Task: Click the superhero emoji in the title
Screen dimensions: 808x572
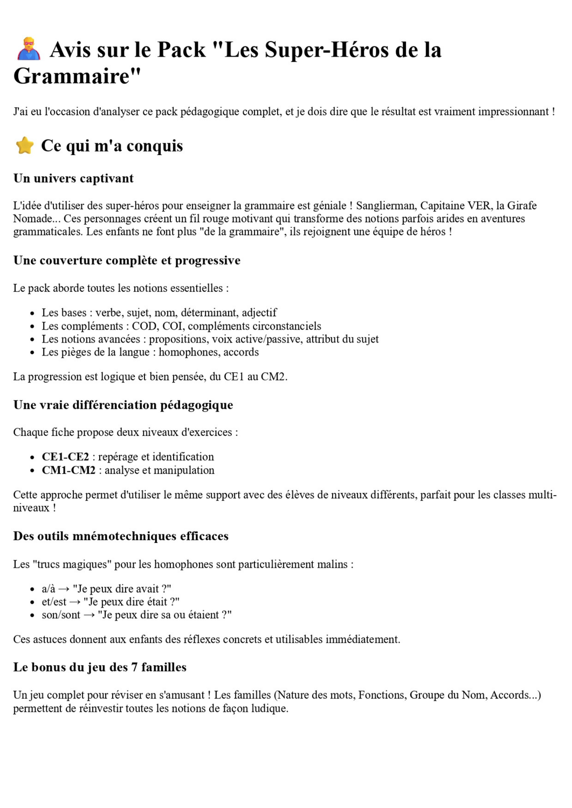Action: click(x=28, y=49)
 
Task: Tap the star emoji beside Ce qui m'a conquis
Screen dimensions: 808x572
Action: click(x=25, y=145)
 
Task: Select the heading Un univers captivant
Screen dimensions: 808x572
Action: click(x=73, y=178)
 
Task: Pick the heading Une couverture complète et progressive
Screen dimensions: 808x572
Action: click(x=127, y=260)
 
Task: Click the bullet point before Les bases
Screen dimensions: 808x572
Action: click(x=32, y=313)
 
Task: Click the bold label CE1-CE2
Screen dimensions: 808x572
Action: click(x=65, y=456)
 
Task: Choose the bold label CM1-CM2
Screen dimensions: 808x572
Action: click(x=68, y=470)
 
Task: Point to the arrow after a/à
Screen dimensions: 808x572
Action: click(x=64, y=589)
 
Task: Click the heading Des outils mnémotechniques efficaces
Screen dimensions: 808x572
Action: click(x=121, y=536)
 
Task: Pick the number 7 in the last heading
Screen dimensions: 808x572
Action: click(x=135, y=667)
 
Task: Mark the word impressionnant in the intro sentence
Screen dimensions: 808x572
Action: click(x=512, y=112)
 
